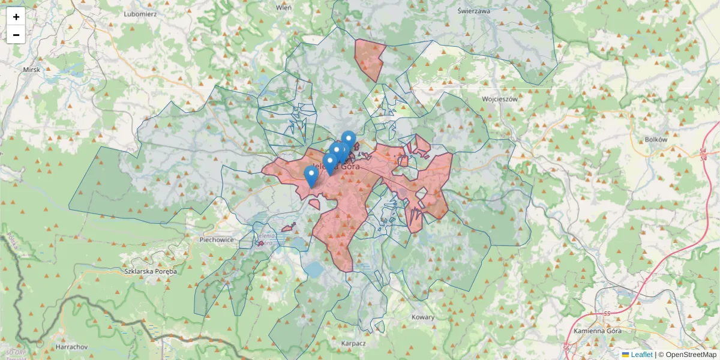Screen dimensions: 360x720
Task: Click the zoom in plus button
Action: [16, 16]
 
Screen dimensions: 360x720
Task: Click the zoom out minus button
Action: [16, 35]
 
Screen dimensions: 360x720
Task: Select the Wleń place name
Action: [283, 8]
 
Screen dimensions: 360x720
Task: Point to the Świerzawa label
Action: [473, 11]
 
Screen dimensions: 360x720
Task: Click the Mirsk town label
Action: [31, 70]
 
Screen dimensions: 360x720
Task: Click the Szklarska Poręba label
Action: [151, 271]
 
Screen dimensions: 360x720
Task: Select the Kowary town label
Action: [423, 316]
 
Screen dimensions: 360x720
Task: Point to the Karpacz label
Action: [353, 343]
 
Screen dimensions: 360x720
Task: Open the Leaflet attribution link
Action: [641, 355]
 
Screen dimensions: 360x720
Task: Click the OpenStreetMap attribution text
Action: [691, 355]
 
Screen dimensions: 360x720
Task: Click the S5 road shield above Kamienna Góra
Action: [607, 313]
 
